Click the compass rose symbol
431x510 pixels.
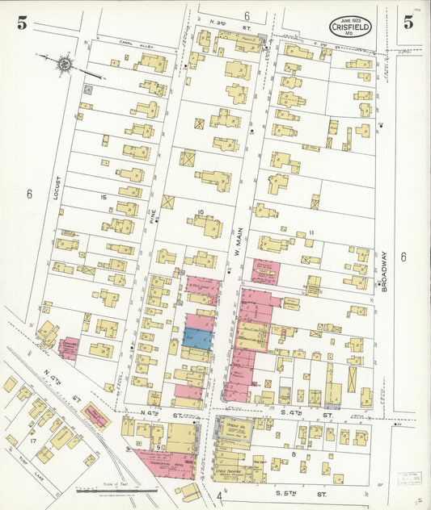(62, 62)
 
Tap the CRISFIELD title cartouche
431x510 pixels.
(352, 27)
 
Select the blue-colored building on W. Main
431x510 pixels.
(198, 338)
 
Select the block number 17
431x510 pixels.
(33, 441)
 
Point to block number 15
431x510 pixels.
(103, 197)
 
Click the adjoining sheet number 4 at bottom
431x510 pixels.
(218, 495)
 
